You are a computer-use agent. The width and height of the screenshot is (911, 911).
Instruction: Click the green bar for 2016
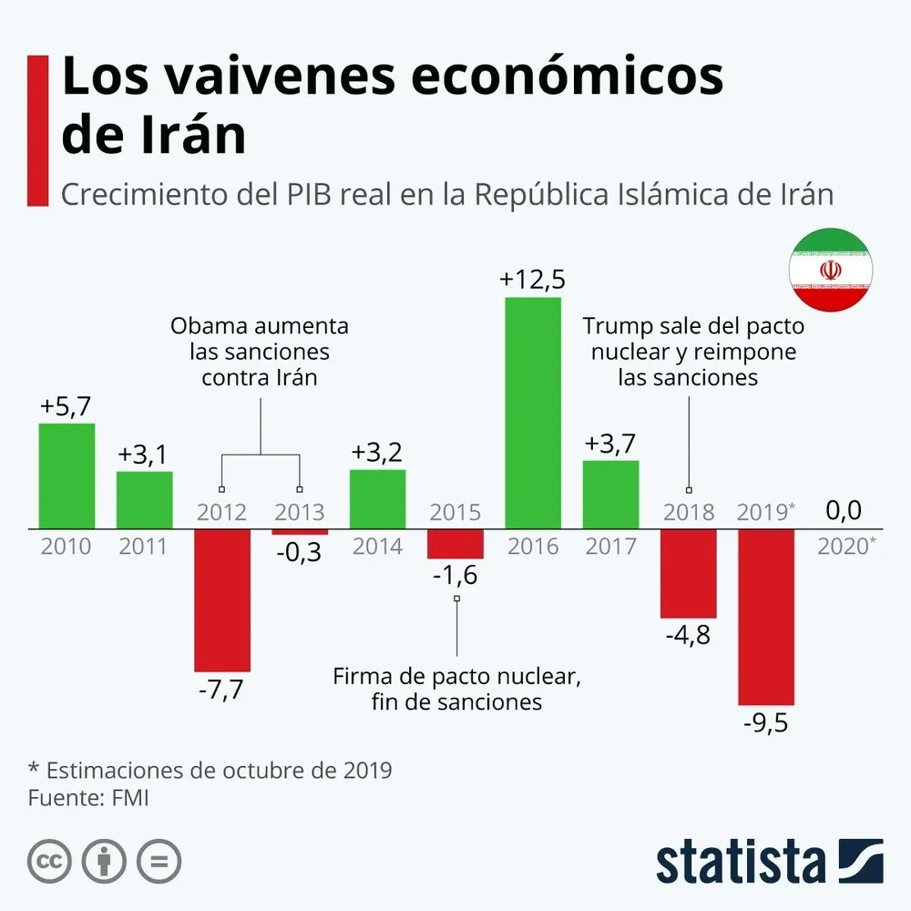[533, 412]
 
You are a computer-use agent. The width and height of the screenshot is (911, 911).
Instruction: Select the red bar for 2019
[766, 617]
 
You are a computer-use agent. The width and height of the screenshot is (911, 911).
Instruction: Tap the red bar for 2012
[222, 599]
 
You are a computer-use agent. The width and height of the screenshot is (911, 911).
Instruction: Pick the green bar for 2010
[67, 476]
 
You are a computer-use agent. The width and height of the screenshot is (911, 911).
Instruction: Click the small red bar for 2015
[455, 543]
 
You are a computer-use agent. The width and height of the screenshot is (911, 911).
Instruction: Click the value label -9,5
[766, 725]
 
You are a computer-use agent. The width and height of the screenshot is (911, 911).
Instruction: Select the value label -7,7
[222, 691]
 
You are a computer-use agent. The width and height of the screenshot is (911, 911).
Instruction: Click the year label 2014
[377, 547]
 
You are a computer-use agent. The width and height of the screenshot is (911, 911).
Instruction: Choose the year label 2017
[610, 547]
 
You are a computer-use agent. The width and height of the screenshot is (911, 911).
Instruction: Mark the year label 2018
[689, 512]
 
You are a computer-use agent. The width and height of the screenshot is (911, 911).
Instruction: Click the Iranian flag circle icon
[830, 270]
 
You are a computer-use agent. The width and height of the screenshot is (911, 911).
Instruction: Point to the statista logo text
[740, 861]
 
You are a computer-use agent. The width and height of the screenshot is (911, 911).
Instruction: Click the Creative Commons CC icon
[50, 860]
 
